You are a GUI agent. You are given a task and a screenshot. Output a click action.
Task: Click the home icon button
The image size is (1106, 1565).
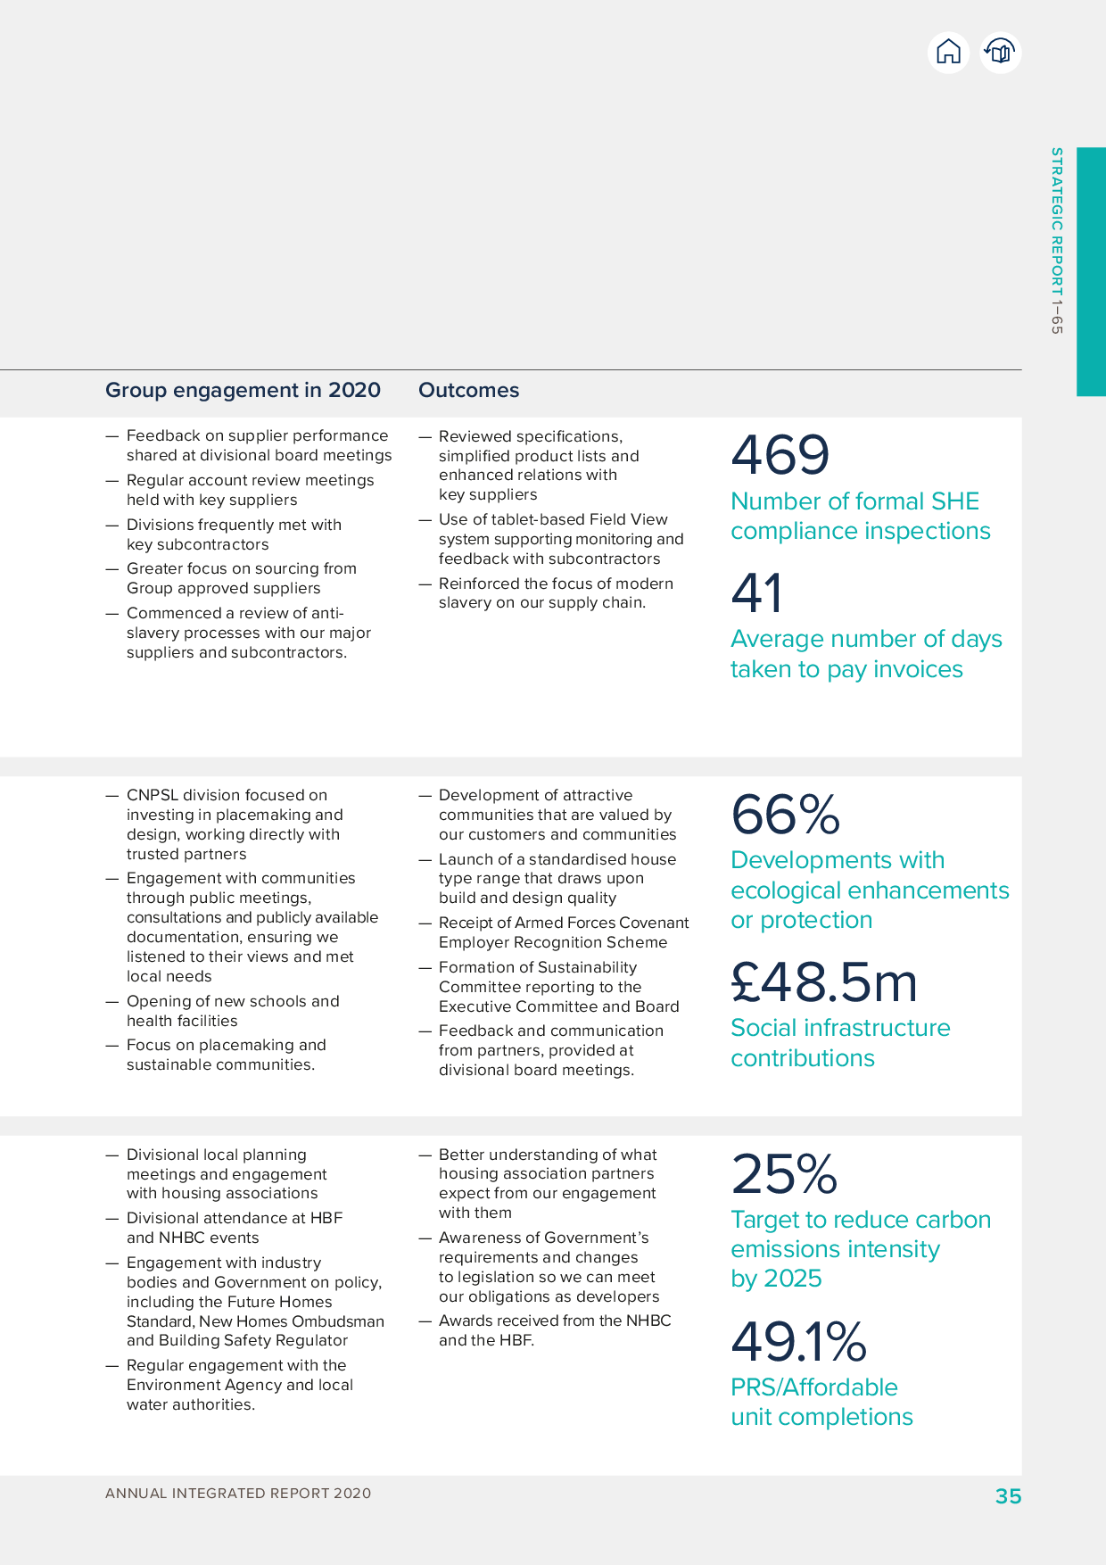[x=948, y=53]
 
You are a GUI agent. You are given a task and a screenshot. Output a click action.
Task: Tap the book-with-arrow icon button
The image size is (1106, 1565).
[x=1001, y=53]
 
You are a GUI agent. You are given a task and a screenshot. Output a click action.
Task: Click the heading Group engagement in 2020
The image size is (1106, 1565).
[x=243, y=390]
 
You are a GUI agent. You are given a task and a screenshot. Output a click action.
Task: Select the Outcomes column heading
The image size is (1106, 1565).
[x=468, y=390]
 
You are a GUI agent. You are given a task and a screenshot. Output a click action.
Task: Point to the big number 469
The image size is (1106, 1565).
[x=780, y=455]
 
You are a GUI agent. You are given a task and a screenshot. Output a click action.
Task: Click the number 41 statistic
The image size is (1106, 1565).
[x=756, y=593]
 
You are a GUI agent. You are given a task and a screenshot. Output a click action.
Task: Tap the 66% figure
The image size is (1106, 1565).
[x=785, y=815]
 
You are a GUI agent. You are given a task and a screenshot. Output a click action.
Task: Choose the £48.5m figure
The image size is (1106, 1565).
[x=823, y=982]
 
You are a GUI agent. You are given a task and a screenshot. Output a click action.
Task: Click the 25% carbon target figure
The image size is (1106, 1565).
[x=784, y=1174]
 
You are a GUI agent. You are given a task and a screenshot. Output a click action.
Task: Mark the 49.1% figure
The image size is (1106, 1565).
[x=798, y=1342]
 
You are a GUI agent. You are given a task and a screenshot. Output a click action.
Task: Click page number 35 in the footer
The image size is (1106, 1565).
[x=1008, y=1496]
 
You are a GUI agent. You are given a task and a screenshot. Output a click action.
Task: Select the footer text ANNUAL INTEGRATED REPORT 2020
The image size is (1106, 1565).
[x=238, y=1494]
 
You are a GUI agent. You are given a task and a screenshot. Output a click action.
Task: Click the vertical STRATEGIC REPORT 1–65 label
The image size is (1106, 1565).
[x=1057, y=241]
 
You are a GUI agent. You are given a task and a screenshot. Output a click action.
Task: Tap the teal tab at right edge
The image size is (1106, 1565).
[x=1091, y=271]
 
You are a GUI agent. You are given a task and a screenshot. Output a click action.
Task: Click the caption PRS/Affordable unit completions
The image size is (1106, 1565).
[x=821, y=1402]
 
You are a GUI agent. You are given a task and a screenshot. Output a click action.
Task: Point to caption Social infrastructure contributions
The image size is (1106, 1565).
[x=840, y=1043]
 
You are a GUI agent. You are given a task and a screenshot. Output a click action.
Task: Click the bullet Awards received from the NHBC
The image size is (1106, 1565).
[x=553, y=1330]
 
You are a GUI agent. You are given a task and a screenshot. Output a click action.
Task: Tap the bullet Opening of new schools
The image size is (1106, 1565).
[x=232, y=1011]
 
